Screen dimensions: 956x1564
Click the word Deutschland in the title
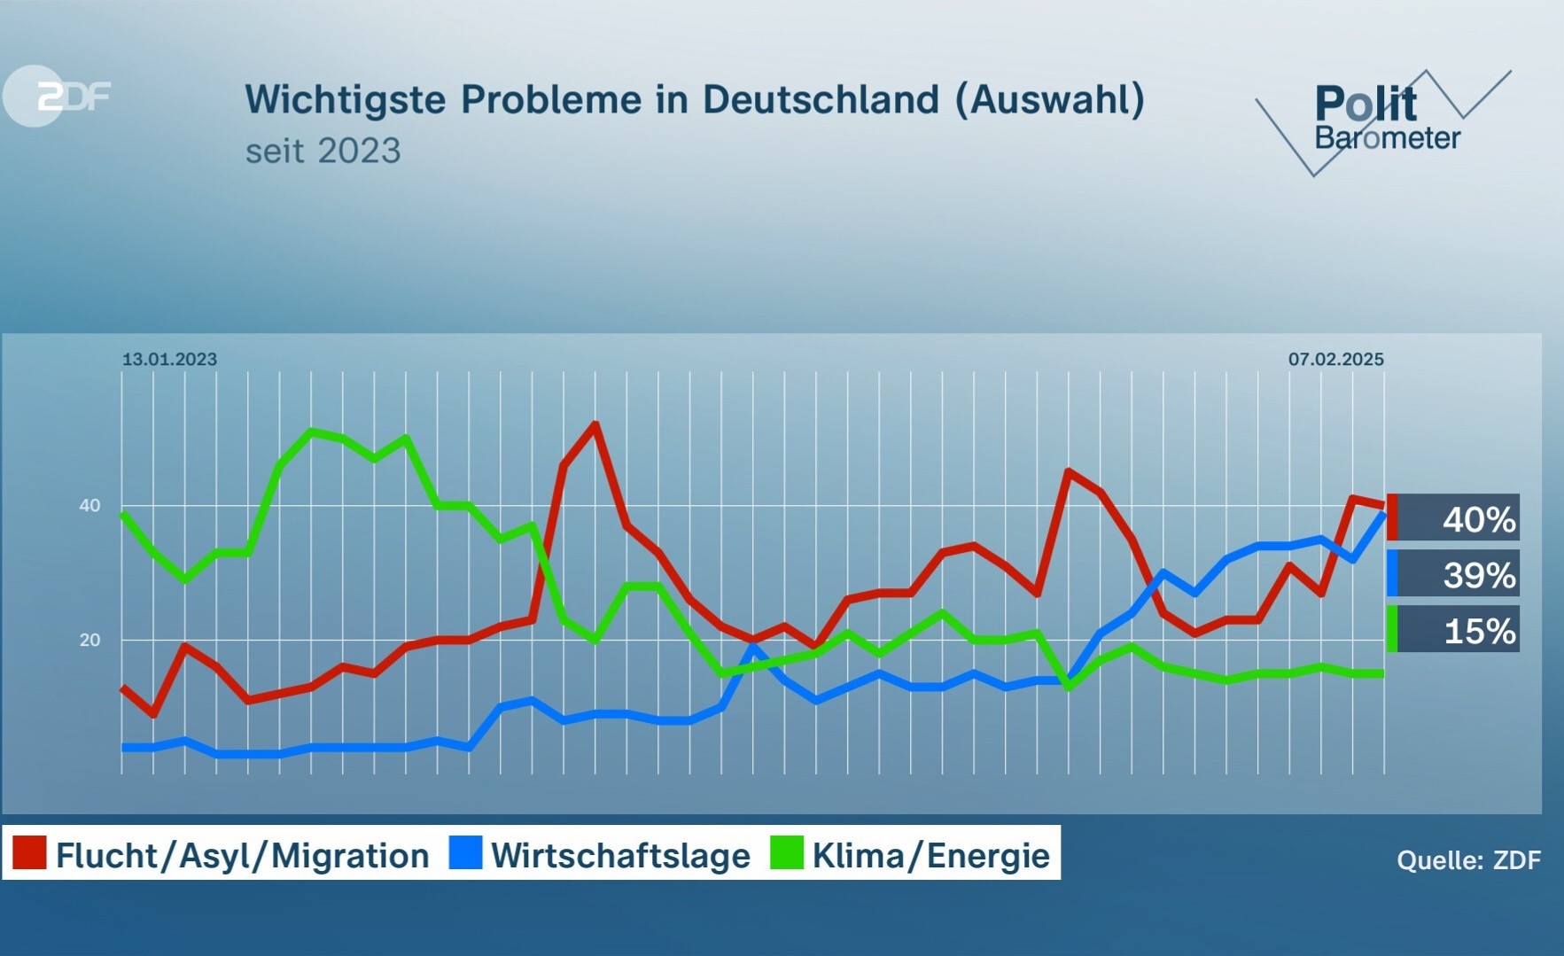[x=821, y=99]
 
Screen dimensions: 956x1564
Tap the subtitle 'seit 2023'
[x=323, y=151]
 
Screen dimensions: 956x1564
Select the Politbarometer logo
[x=1384, y=120]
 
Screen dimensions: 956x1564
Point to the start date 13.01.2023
[x=169, y=359]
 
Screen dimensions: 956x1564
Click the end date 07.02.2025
[x=1335, y=359]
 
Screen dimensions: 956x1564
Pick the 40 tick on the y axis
[x=89, y=506]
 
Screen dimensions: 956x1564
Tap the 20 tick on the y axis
[x=89, y=640]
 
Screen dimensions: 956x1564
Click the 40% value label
[x=1478, y=519]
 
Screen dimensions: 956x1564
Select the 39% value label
[x=1478, y=575]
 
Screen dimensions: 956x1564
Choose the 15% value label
[x=1478, y=631]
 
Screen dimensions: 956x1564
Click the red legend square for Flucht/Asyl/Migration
[x=29, y=853]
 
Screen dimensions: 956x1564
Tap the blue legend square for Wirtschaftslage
[x=465, y=853]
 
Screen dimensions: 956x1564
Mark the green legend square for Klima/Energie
[x=787, y=853]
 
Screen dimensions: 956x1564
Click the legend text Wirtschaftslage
[x=620, y=856]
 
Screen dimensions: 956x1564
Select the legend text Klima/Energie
[x=930, y=856]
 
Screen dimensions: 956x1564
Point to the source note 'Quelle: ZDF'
[x=1468, y=859]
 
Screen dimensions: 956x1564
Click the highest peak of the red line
[x=595, y=424]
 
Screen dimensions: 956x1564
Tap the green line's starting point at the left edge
[x=122, y=513]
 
